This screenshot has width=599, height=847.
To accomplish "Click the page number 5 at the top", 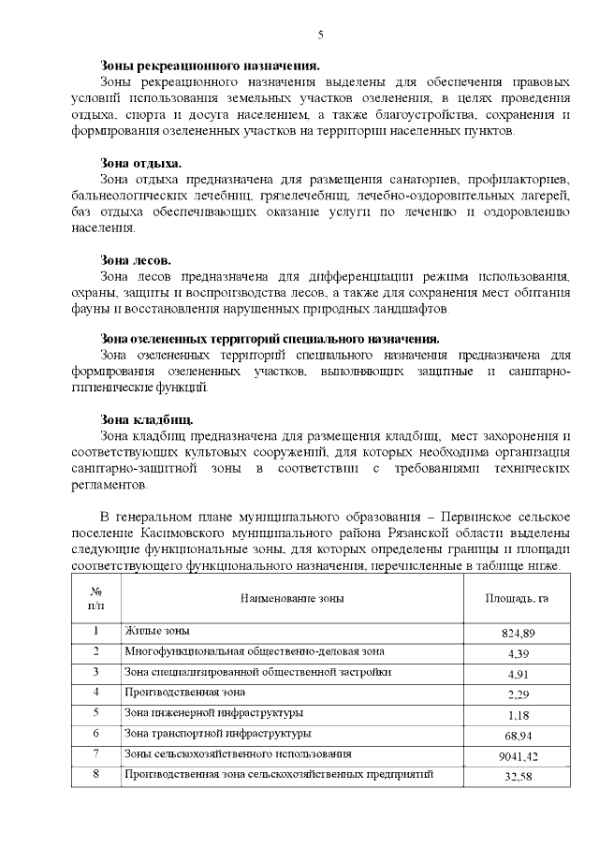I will (321, 35).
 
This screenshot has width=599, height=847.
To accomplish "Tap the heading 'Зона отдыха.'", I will (141, 163).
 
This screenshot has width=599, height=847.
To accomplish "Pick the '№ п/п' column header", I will (95, 598).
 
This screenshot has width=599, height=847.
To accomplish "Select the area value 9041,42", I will (518, 755).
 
